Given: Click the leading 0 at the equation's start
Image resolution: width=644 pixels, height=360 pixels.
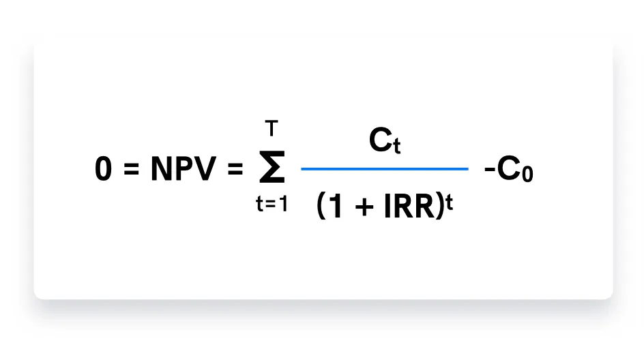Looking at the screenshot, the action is click(103, 170).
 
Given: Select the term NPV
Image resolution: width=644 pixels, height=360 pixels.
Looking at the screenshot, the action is click(183, 170).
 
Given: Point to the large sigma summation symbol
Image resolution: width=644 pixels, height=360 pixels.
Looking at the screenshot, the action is click(272, 168).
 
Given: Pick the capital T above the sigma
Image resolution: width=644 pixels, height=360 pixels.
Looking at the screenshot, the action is click(272, 127).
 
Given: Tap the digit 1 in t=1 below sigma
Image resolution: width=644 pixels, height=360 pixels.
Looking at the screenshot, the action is click(283, 205).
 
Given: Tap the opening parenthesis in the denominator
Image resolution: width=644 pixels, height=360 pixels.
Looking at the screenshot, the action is click(323, 207).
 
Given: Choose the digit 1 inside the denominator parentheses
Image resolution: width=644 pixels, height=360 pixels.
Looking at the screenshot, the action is click(336, 207).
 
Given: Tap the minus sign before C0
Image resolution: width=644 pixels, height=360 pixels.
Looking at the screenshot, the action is click(489, 170).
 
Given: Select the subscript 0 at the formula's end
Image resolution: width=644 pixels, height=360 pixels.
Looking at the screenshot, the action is click(527, 174).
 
